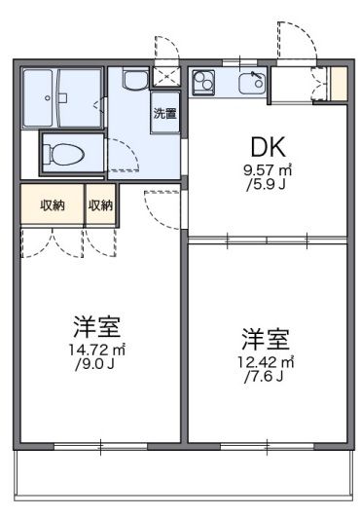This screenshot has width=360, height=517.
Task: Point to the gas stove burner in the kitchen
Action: [204, 82]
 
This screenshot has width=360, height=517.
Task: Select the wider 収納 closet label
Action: [53, 204]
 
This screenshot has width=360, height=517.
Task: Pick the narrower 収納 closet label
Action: [100, 204]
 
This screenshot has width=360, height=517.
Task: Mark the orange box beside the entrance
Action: [339, 83]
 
